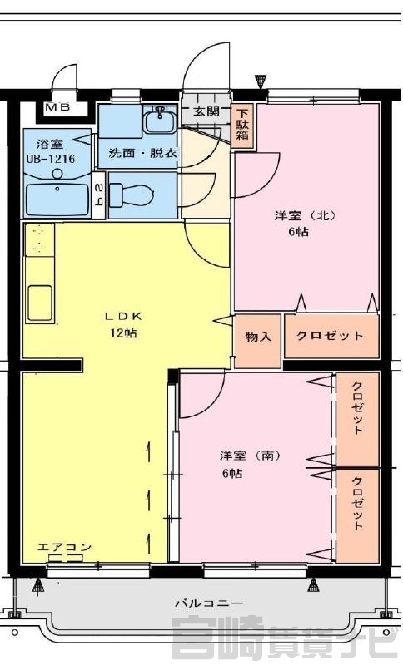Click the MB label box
[x=57, y=107]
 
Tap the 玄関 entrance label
[x=206, y=111]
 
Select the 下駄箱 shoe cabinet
[x=243, y=126]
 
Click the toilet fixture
[x=132, y=195]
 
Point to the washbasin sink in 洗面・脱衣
[x=159, y=121]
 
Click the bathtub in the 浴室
[x=57, y=200]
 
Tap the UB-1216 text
[x=51, y=159]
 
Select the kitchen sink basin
[x=40, y=303]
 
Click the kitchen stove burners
[x=39, y=239]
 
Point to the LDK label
[x=123, y=316]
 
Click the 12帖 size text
[x=123, y=333]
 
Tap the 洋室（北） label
[x=305, y=216]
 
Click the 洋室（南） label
[x=250, y=456]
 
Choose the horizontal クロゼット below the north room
[x=331, y=336]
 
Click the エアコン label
[x=64, y=547]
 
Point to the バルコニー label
[x=209, y=603]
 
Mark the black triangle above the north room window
[x=260, y=81]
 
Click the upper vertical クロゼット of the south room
[x=357, y=419]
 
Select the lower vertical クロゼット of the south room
[x=357, y=515]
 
